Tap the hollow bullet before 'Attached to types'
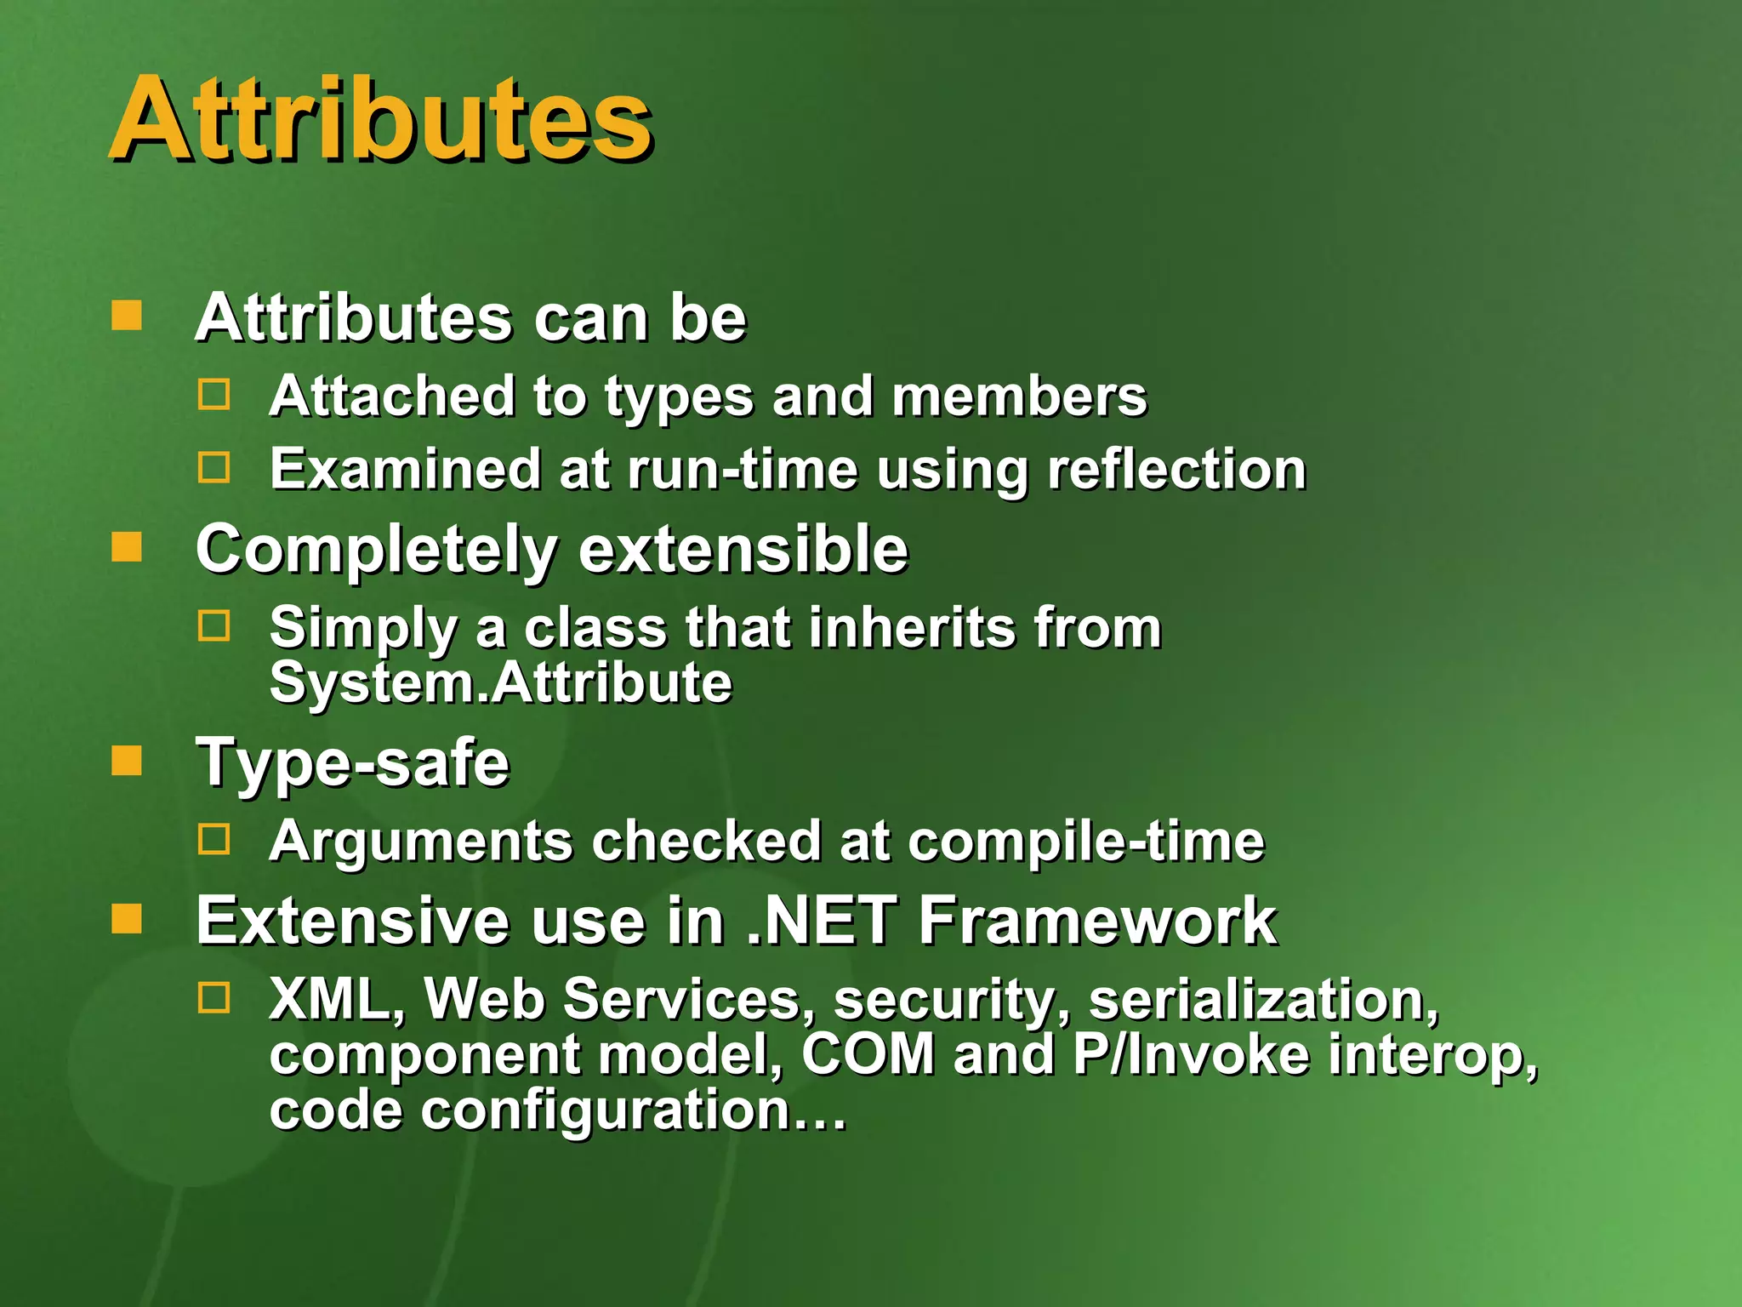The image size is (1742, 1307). tap(213, 395)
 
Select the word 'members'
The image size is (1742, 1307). tap(1019, 397)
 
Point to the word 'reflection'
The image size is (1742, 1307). tap(1176, 470)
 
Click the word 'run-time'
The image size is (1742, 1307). tap(742, 470)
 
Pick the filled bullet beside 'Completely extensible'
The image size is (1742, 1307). tap(127, 547)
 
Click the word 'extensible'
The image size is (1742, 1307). tap(743, 550)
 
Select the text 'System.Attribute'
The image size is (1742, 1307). tap(500, 682)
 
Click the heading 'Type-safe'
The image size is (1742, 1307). tap(353, 763)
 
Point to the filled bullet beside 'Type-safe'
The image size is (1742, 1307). tap(127, 761)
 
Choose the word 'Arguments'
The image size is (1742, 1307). tap(421, 842)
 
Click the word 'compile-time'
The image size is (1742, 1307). tap(1086, 842)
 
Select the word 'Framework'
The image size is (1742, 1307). tap(1097, 921)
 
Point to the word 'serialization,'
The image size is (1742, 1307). tap(1264, 1000)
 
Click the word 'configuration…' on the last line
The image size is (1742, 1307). tap(634, 1110)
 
